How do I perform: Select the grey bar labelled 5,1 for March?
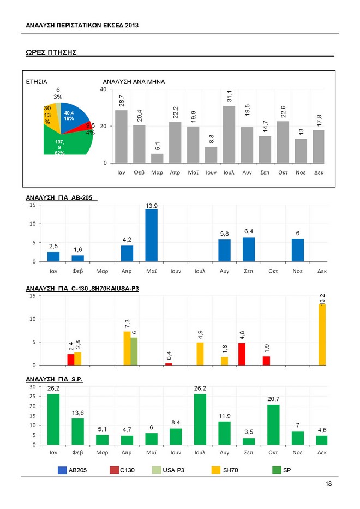(x=157, y=158)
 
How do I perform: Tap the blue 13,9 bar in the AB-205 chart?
(x=151, y=235)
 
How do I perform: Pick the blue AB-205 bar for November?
(x=298, y=250)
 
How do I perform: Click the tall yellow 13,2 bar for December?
(x=322, y=334)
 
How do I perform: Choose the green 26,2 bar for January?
(x=53, y=419)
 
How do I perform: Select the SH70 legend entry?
(x=225, y=469)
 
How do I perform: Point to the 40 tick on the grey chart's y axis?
(x=103, y=89)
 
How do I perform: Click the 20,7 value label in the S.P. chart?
(x=274, y=399)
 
